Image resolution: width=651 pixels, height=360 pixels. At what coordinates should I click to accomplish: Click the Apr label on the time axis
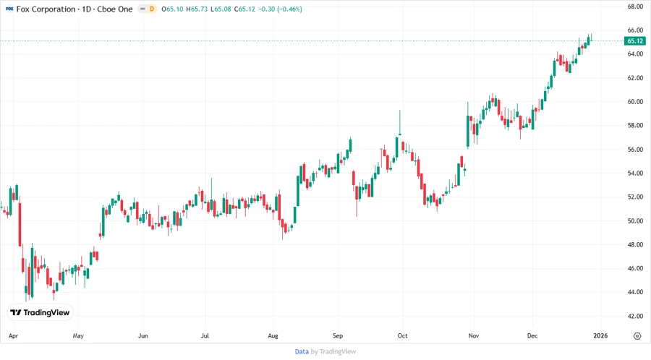[13, 336]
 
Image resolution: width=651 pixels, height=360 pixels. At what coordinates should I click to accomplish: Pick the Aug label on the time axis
[273, 336]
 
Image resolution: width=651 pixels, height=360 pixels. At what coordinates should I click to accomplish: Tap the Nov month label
[474, 336]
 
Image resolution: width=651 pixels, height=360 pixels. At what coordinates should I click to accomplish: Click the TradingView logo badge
[41, 312]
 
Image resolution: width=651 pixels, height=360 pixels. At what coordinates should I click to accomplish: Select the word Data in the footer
[302, 351]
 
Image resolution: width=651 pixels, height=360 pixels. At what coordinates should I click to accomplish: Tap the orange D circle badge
[152, 9]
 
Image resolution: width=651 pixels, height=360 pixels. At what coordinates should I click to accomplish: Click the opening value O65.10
[173, 9]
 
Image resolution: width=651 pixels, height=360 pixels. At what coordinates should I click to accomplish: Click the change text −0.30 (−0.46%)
[281, 9]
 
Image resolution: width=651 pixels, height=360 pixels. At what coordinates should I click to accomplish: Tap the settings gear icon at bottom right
[637, 336]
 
